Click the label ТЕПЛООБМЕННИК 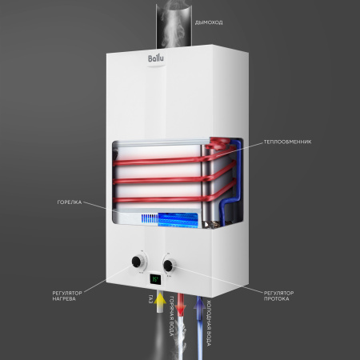(289, 142)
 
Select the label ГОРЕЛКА (70, 202)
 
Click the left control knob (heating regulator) (138, 262)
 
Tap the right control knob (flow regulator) (169, 262)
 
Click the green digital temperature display (154, 280)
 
